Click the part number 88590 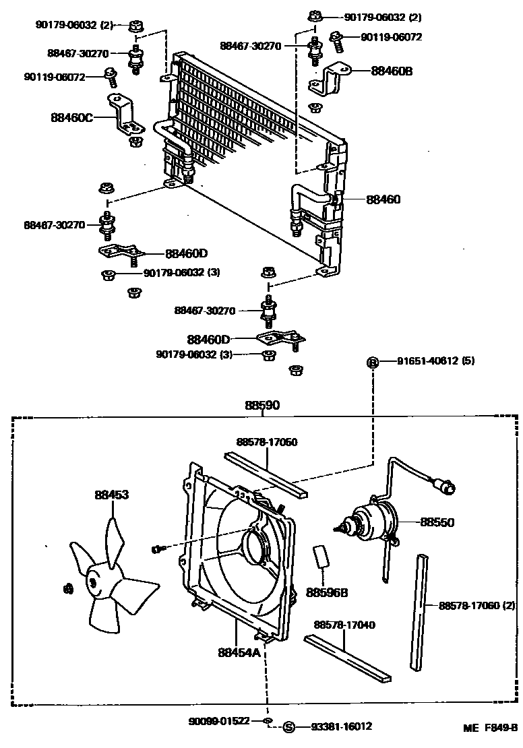[262, 405]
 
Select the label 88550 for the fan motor [437, 522]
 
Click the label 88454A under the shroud [239, 652]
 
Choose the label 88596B [326, 592]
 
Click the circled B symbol [372, 363]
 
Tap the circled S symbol [289, 726]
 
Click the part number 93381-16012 [342, 726]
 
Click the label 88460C [71, 117]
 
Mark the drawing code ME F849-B [489, 728]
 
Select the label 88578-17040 [348, 625]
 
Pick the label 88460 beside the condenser [383, 199]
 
